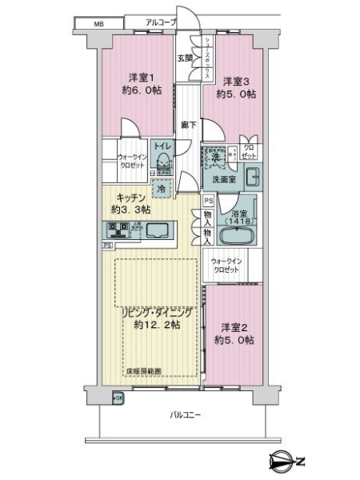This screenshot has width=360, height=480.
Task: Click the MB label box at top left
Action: tap(99, 24)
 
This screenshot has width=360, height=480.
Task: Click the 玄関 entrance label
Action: tap(185, 58)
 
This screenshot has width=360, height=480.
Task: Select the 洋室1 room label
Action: tap(141, 78)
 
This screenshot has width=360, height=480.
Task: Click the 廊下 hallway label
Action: tap(189, 125)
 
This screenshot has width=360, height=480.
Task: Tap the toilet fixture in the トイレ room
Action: tap(162, 160)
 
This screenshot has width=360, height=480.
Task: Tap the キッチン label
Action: tap(130, 198)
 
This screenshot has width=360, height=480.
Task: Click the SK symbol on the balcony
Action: tap(118, 398)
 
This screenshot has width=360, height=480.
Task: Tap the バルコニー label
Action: tap(185, 415)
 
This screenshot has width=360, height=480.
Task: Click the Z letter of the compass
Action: tap(300, 462)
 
